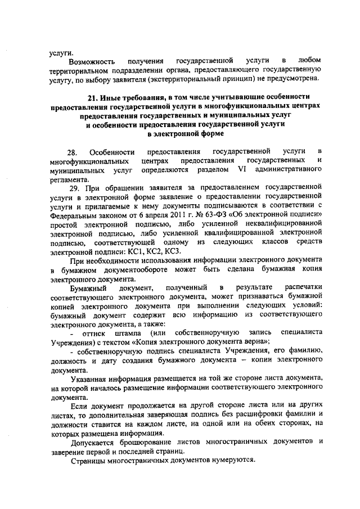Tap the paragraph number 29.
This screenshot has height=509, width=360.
pyautogui.click(x=75, y=187)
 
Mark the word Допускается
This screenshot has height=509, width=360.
pyautogui.click(x=93, y=442)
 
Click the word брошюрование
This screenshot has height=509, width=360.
pyautogui.click(x=154, y=442)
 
